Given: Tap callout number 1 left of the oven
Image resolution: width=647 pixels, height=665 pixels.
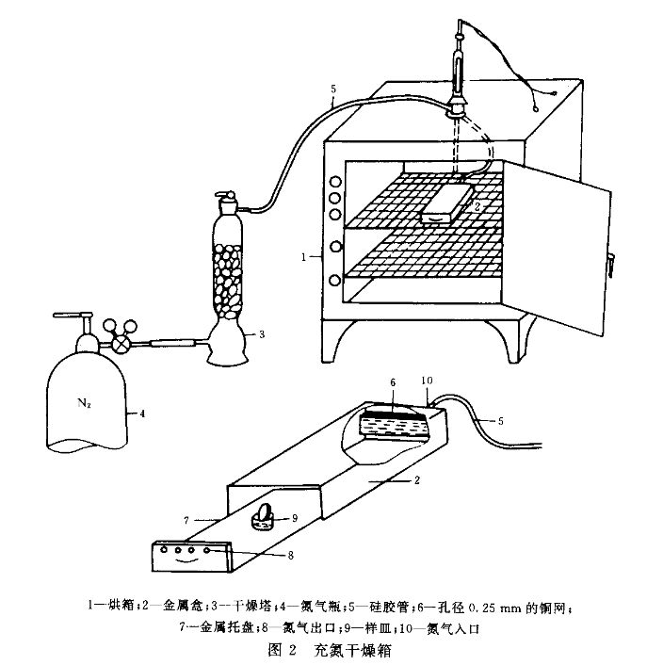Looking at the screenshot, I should click(303, 255).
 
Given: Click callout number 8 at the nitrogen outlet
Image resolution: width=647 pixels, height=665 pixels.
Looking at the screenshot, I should click(290, 556).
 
